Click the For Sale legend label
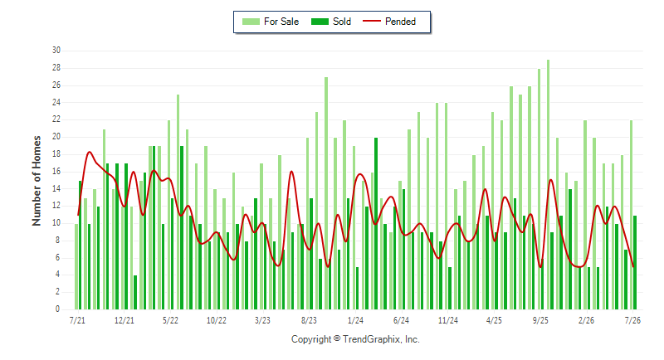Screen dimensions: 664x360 (x=281, y=22)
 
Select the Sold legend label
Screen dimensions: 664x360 (x=342, y=22)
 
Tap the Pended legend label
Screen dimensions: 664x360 (x=400, y=22)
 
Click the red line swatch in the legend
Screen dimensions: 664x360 (x=372, y=21)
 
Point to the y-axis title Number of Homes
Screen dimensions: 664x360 (x=37, y=181)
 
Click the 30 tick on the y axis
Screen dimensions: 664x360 (x=56, y=51)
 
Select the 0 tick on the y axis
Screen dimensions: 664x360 (x=57, y=309)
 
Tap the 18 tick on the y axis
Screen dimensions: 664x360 (x=56, y=154)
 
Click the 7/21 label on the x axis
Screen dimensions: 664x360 (x=77, y=320)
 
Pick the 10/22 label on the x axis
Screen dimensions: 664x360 (x=217, y=320)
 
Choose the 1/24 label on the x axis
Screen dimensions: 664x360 (x=355, y=320)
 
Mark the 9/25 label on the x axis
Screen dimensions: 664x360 (x=540, y=320)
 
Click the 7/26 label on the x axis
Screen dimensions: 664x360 (x=632, y=320)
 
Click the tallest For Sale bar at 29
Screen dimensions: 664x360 (x=549, y=184)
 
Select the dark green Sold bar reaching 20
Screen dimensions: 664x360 (x=376, y=223)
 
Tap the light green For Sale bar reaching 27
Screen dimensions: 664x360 (x=326, y=193)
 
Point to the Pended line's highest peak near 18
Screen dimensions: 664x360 (x=90, y=152)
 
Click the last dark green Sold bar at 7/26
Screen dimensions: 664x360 (x=635, y=262)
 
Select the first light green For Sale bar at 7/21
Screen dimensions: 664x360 (x=76, y=266)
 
